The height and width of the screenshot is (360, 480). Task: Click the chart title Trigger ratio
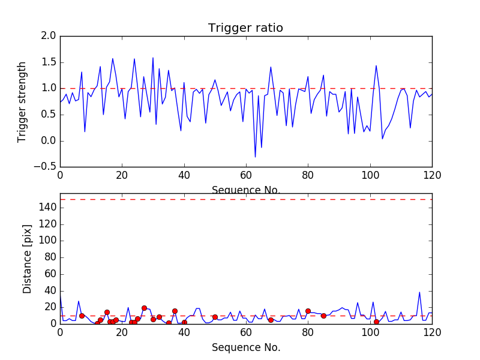(x=245, y=28)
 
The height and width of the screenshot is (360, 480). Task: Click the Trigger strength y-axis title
(x=22, y=101)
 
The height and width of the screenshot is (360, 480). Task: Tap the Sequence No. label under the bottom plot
(x=245, y=347)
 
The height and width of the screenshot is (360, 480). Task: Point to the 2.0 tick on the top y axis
(x=49, y=36)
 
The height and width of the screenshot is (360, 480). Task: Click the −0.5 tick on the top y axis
(x=46, y=167)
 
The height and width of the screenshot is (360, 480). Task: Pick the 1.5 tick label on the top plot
(x=49, y=62)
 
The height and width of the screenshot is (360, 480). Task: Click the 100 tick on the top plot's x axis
(x=370, y=175)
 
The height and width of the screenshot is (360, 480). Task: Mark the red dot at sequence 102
(x=376, y=322)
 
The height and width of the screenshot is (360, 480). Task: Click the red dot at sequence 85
(x=323, y=316)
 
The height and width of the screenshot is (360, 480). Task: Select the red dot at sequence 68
(x=271, y=320)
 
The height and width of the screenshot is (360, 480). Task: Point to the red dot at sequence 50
(x=215, y=317)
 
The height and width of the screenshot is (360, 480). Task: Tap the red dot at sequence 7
(x=82, y=316)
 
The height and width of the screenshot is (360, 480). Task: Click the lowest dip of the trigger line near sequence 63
(x=255, y=157)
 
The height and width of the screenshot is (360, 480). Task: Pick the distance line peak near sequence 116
(x=419, y=292)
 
